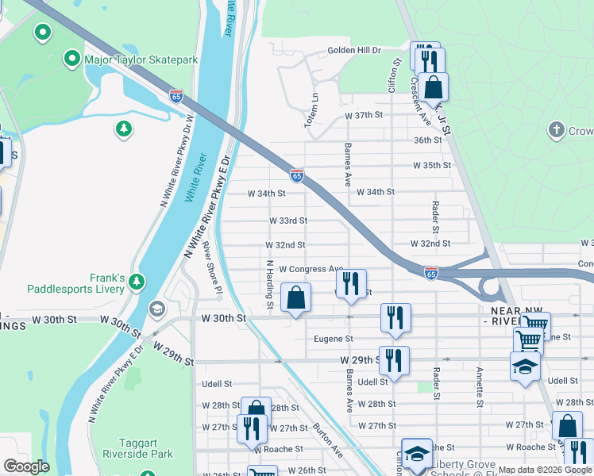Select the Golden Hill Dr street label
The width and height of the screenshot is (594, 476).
point(355,51)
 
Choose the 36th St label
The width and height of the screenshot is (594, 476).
point(427,140)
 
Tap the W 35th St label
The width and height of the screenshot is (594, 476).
point(431,166)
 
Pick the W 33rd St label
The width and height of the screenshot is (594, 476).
point(287,221)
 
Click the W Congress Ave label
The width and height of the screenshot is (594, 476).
point(310,270)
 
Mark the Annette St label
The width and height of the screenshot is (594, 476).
point(480,386)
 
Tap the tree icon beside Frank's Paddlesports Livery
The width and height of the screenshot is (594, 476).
point(137,282)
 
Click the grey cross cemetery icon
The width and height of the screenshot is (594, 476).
point(557,129)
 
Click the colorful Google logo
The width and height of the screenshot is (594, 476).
point(26,466)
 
